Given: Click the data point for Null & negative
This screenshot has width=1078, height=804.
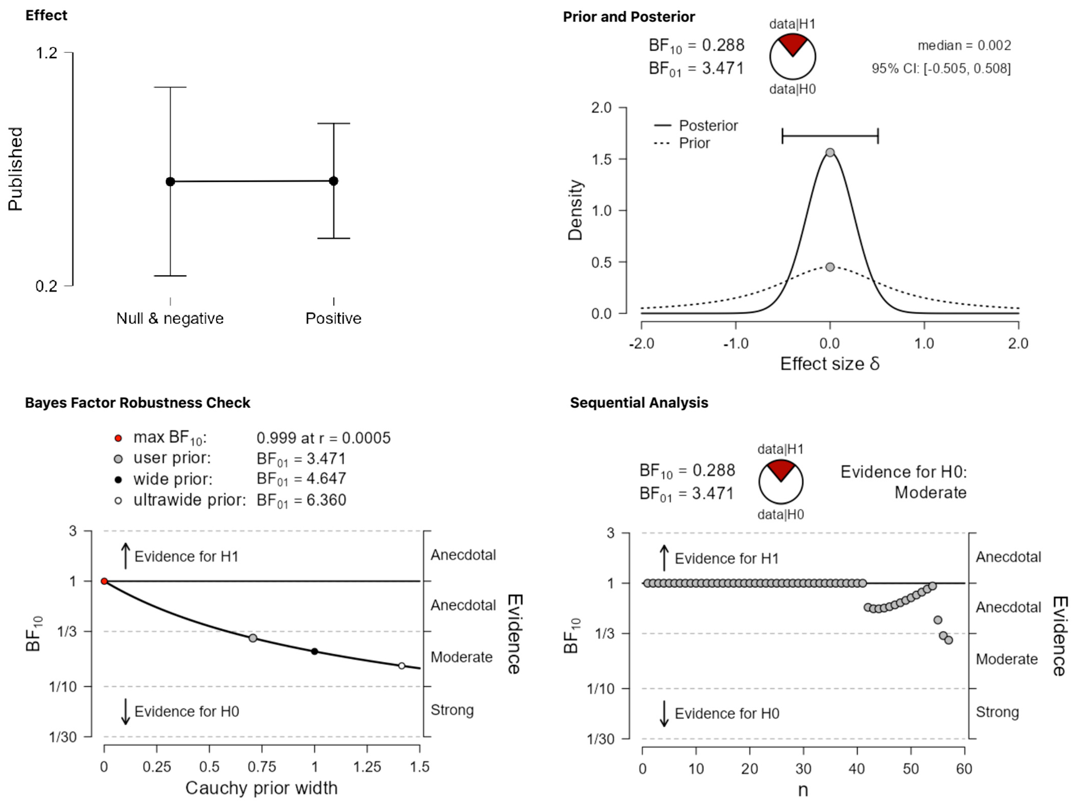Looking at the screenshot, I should pos(170,181).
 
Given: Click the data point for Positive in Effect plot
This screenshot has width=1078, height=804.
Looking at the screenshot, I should pos(333,181).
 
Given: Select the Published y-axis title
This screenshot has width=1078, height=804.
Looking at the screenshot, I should pos(16,169).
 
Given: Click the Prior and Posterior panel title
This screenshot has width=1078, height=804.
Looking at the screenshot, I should pos(629,17).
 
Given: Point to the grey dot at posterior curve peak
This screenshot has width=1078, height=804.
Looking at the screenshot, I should pos(830,152).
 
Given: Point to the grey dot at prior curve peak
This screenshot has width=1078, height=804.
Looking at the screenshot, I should pos(830,267).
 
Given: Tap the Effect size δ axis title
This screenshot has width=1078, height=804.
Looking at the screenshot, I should pos(829,364).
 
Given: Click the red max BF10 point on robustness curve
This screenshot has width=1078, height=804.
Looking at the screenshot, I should pos(104,581).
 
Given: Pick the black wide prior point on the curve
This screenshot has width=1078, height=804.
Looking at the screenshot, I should pos(314,651).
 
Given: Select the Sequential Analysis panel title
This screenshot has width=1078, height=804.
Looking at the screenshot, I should pos(639,403).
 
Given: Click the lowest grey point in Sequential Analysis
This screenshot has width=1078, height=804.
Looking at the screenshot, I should pos(948,640).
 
